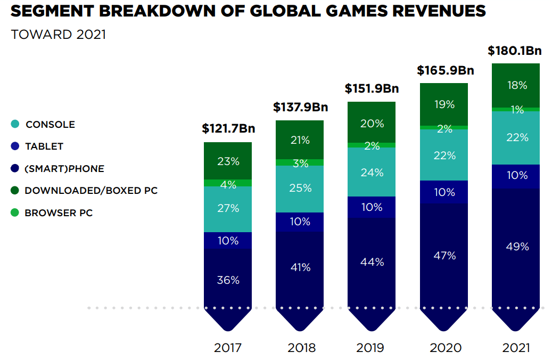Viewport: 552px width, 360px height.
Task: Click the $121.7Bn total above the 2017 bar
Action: pyautogui.click(x=228, y=129)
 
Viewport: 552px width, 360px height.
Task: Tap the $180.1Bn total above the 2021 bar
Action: pyautogui.click(x=515, y=51)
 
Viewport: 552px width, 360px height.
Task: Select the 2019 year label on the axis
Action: pyautogui.click(x=371, y=348)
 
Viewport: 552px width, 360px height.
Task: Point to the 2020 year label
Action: pyautogui.click(x=443, y=348)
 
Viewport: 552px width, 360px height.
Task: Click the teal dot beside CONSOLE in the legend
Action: pyautogui.click(x=15, y=124)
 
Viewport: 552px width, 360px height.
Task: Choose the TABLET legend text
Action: pyautogui.click(x=44, y=146)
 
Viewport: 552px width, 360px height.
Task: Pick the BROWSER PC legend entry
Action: pyautogui.click(x=59, y=213)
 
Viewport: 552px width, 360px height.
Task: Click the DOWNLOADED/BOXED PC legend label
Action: pyautogui.click(x=91, y=191)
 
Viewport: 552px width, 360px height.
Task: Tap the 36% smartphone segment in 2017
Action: pyautogui.click(x=228, y=280)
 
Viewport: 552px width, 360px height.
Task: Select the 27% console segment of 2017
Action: pyautogui.click(x=228, y=209)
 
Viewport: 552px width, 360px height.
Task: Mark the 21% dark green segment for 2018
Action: pyautogui.click(x=300, y=140)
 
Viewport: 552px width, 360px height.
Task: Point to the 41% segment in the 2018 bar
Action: pyautogui.click(x=300, y=267)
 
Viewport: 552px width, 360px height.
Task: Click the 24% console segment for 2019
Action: pyautogui.click(x=372, y=172)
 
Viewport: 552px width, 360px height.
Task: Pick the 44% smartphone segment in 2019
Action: pyautogui.click(x=372, y=262)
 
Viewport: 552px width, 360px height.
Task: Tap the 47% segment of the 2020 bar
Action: pyautogui.click(x=444, y=256)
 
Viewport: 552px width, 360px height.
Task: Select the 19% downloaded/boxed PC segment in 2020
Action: pyautogui.click(x=444, y=104)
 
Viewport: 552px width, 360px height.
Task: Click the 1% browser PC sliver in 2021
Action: pyautogui.click(x=516, y=110)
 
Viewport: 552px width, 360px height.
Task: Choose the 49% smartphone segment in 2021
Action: pyautogui.click(x=516, y=247)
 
